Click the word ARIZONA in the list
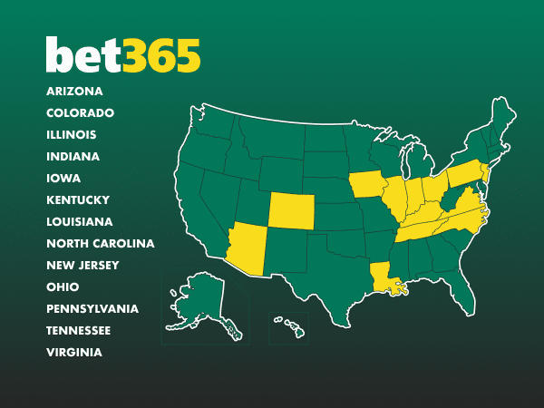pos(74,91)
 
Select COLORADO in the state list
pos(80,112)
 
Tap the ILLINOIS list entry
pos(72,134)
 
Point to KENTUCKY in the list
pos(78,199)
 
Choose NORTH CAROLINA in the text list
pos(100,243)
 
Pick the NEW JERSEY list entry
pos(83,265)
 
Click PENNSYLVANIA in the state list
pos(92,308)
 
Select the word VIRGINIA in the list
pos(74,352)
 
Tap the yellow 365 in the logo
pos(162,56)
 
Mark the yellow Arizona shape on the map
pos(247,248)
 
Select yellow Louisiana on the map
pos(384,277)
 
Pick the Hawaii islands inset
pos(292,326)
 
